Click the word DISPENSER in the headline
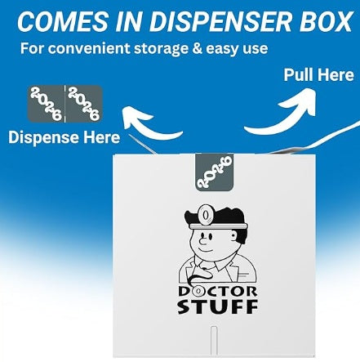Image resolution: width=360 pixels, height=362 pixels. [x=221, y=21]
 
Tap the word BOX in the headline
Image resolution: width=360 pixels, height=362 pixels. [x=326, y=21]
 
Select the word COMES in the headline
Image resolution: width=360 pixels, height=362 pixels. [x=63, y=21]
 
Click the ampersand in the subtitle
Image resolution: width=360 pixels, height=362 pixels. [x=197, y=48]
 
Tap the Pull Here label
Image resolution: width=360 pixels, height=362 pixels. [x=318, y=74]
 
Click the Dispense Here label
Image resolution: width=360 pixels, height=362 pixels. [x=64, y=137]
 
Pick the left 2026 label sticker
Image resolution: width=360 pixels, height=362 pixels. [x=46, y=104]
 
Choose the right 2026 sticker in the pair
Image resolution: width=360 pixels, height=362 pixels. [x=84, y=104]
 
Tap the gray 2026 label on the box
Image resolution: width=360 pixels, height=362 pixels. [x=215, y=172]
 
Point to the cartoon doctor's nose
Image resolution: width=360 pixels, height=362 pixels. [x=202, y=240]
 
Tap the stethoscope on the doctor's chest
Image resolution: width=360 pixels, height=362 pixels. [x=198, y=275]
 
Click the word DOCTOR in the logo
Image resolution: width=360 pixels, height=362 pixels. [x=217, y=292]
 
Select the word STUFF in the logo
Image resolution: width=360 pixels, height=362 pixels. [x=217, y=306]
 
